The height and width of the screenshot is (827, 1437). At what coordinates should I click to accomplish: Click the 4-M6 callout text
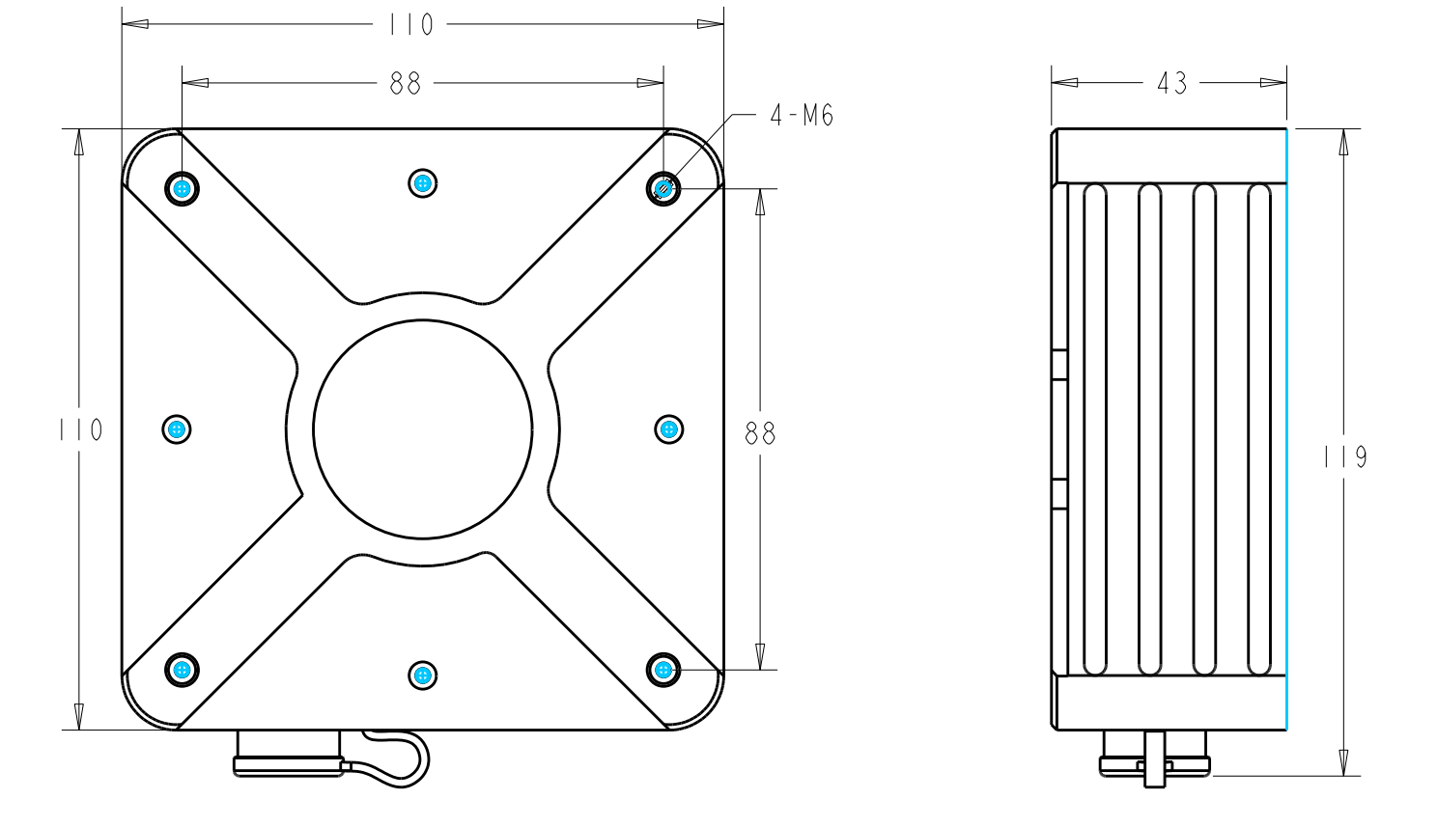[801, 116]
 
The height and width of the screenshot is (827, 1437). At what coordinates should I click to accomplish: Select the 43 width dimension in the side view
[1171, 84]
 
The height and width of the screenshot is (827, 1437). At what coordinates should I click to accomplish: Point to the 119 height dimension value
[1345, 455]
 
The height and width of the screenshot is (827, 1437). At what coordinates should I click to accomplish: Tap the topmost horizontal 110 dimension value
[410, 25]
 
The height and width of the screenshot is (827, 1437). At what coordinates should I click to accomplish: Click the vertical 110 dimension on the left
[80, 429]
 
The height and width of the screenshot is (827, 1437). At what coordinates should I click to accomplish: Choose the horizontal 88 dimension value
[406, 84]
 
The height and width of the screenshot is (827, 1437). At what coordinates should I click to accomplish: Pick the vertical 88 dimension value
[760, 434]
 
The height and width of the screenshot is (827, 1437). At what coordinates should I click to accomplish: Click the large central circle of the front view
[423, 429]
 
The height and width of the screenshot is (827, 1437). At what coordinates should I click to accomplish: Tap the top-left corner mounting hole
[182, 187]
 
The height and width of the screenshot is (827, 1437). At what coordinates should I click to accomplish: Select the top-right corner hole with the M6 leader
[663, 188]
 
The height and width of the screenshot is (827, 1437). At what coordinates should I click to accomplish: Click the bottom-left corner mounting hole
[182, 669]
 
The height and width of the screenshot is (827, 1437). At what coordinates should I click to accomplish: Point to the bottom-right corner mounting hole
[662, 669]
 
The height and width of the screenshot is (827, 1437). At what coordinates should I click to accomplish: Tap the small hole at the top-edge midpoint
[422, 182]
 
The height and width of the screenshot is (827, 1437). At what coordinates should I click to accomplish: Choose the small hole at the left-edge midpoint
[176, 429]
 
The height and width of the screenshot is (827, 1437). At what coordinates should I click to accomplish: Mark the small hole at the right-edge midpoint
[668, 429]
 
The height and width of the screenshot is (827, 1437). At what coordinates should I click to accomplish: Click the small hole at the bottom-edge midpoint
[422, 675]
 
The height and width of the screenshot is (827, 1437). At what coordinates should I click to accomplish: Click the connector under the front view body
[288, 754]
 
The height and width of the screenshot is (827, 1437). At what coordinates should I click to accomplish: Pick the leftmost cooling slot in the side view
[1094, 429]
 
